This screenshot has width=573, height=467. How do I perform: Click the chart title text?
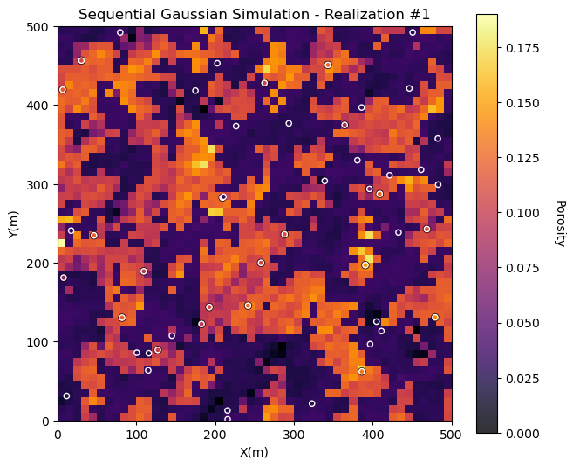click(x=254, y=15)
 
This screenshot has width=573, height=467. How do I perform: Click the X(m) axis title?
click(x=254, y=452)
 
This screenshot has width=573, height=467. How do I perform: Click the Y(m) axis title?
click(x=13, y=223)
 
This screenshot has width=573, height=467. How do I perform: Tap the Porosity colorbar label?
click(x=560, y=223)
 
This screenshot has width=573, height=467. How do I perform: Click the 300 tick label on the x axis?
click(x=294, y=434)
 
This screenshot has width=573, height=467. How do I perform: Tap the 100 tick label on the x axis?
click(x=136, y=434)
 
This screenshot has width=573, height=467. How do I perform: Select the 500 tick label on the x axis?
click(x=452, y=434)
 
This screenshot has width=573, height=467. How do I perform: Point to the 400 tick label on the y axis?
click(x=38, y=106)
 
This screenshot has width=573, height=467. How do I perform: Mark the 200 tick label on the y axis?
click(x=38, y=264)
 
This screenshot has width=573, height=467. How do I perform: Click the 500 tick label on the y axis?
click(x=38, y=27)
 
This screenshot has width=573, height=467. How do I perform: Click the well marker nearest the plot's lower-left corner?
click(x=66, y=396)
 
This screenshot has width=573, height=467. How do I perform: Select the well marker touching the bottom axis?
click(x=228, y=419)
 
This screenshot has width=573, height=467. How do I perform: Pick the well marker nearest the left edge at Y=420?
click(x=63, y=90)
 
